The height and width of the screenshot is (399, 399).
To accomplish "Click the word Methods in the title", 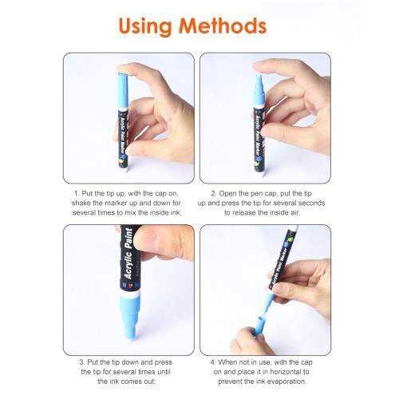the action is tap(223, 26).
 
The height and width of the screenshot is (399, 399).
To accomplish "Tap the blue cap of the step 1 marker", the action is tap(123, 90).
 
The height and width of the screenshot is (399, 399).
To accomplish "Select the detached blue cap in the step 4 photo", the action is tap(260, 325).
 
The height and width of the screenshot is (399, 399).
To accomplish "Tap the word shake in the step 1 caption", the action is tap(81, 203).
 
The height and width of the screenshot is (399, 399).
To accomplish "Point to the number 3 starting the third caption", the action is tap(81, 362).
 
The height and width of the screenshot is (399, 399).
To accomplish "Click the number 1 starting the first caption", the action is tap(77, 193).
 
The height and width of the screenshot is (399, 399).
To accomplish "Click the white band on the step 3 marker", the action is tap(129, 294).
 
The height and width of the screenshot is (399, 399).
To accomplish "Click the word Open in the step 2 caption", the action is tap(227, 193).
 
